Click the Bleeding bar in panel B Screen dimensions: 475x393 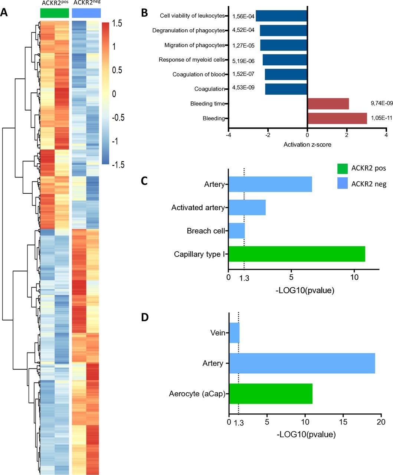coord(337,118)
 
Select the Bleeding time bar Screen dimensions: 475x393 coord(328,104)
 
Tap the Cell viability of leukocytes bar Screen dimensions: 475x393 coord(281,16)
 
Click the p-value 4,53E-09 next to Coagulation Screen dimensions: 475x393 coord(243,88)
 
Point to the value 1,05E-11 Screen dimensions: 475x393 coord(381,118)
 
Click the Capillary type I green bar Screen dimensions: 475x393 coord(297,254)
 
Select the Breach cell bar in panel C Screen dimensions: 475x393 coord(237,231)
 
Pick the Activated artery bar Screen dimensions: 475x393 coord(247,207)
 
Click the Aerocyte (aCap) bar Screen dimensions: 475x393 coord(271,394)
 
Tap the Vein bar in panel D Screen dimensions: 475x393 coord(235,333)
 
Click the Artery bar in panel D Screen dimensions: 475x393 coord(302,363)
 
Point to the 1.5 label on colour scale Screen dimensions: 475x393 coord(118,23)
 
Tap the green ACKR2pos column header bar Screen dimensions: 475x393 coord(55,13)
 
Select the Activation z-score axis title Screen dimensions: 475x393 coord(307,144)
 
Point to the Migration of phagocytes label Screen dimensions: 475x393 coord(194,45)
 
